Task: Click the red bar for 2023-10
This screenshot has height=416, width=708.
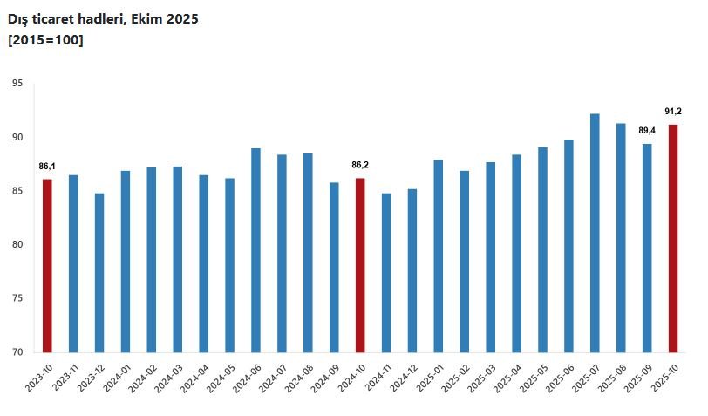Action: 47,265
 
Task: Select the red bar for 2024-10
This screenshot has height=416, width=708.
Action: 360,265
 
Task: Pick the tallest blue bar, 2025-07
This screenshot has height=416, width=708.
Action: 595,233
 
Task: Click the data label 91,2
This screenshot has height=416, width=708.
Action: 672,112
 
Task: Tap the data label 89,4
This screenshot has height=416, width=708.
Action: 647,131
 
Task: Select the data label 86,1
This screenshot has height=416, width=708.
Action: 47,166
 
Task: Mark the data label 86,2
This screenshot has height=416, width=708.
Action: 360,165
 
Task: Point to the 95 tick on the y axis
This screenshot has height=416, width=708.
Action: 17,84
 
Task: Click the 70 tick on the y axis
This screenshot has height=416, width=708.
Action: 17,352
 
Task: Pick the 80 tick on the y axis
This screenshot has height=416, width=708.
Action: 17,245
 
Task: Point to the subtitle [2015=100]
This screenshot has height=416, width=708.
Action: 45,40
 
